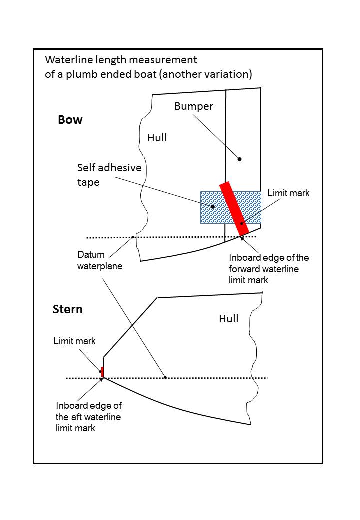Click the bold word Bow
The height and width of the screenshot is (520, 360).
(x=70, y=120)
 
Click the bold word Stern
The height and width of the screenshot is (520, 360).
(x=67, y=309)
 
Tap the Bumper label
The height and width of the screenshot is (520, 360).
(x=194, y=106)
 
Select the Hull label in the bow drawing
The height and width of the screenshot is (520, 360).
(x=157, y=137)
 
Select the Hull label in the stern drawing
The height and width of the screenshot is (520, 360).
(x=229, y=318)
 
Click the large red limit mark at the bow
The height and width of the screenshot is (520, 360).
(x=234, y=209)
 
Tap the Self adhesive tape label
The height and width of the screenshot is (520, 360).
(x=109, y=175)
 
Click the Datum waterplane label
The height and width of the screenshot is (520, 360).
(x=99, y=260)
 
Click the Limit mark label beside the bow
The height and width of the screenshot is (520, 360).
(x=288, y=193)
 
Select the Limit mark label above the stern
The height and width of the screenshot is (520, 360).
(x=74, y=341)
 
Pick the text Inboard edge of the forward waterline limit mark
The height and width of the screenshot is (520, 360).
(x=269, y=269)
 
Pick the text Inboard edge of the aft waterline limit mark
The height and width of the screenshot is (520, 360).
(x=88, y=417)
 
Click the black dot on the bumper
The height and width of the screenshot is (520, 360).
(x=239, y=159)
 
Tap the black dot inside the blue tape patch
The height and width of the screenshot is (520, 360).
(x=212, y=206)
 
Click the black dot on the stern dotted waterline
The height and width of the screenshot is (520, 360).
(x=165, y=378)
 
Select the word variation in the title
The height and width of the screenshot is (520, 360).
(x=230, y=74)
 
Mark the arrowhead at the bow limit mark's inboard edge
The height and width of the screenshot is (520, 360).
(x=242, y=237)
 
